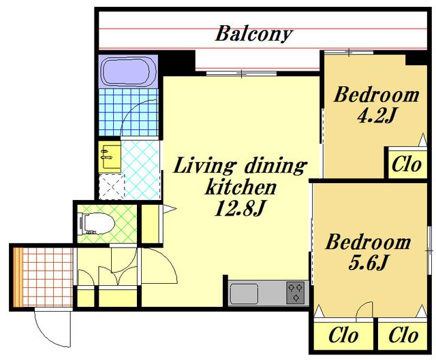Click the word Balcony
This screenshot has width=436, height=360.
click(253, 34)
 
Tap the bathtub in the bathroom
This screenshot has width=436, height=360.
click(128, 71)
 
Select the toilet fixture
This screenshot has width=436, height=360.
click(97, 223)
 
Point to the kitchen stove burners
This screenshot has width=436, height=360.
click(295, 293)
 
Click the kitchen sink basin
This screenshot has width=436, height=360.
click(245, 293)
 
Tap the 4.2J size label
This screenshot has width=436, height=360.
click(376, 115)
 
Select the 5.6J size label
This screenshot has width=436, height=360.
click(368, 263)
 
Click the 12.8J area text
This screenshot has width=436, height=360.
click(239, 209)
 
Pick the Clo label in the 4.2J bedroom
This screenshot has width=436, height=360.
click(407, 165)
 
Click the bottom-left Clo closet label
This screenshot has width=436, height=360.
click(343, 336)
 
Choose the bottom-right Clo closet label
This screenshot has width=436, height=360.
click(403, 336)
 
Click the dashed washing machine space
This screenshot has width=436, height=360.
click(112, 186)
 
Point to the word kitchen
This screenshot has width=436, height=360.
click(240, 188)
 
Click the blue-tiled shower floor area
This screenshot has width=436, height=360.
click(128, 112)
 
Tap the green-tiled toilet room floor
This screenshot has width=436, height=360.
click(108, 224)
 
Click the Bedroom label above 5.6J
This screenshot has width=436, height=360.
click(368, 242)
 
